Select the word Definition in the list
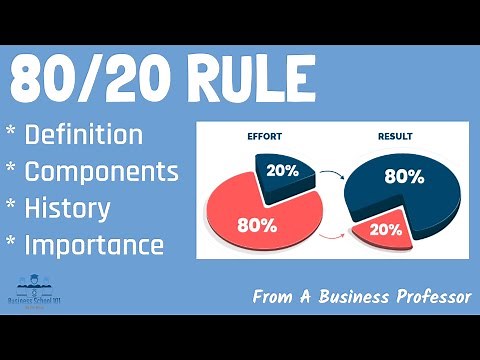coord(84,135)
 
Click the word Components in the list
coord(101,170)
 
